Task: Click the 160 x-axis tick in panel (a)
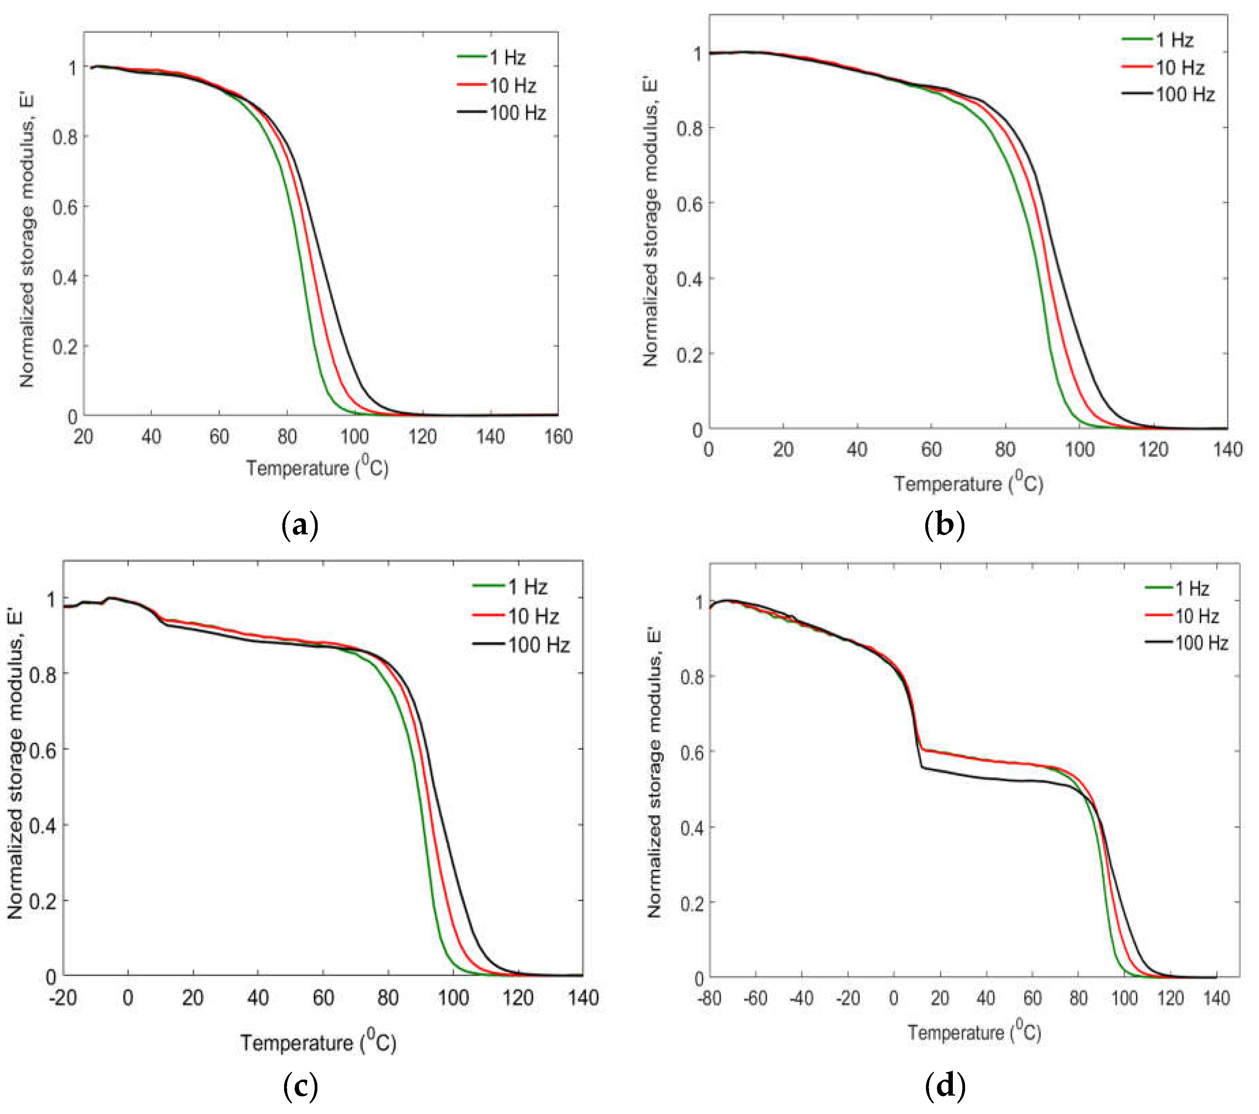click(x=558, y=437)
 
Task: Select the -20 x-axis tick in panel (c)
click(x=63, y=998)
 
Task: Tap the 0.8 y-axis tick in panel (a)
click(x=65, y=137)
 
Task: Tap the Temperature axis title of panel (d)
click(x=974, y=1031)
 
